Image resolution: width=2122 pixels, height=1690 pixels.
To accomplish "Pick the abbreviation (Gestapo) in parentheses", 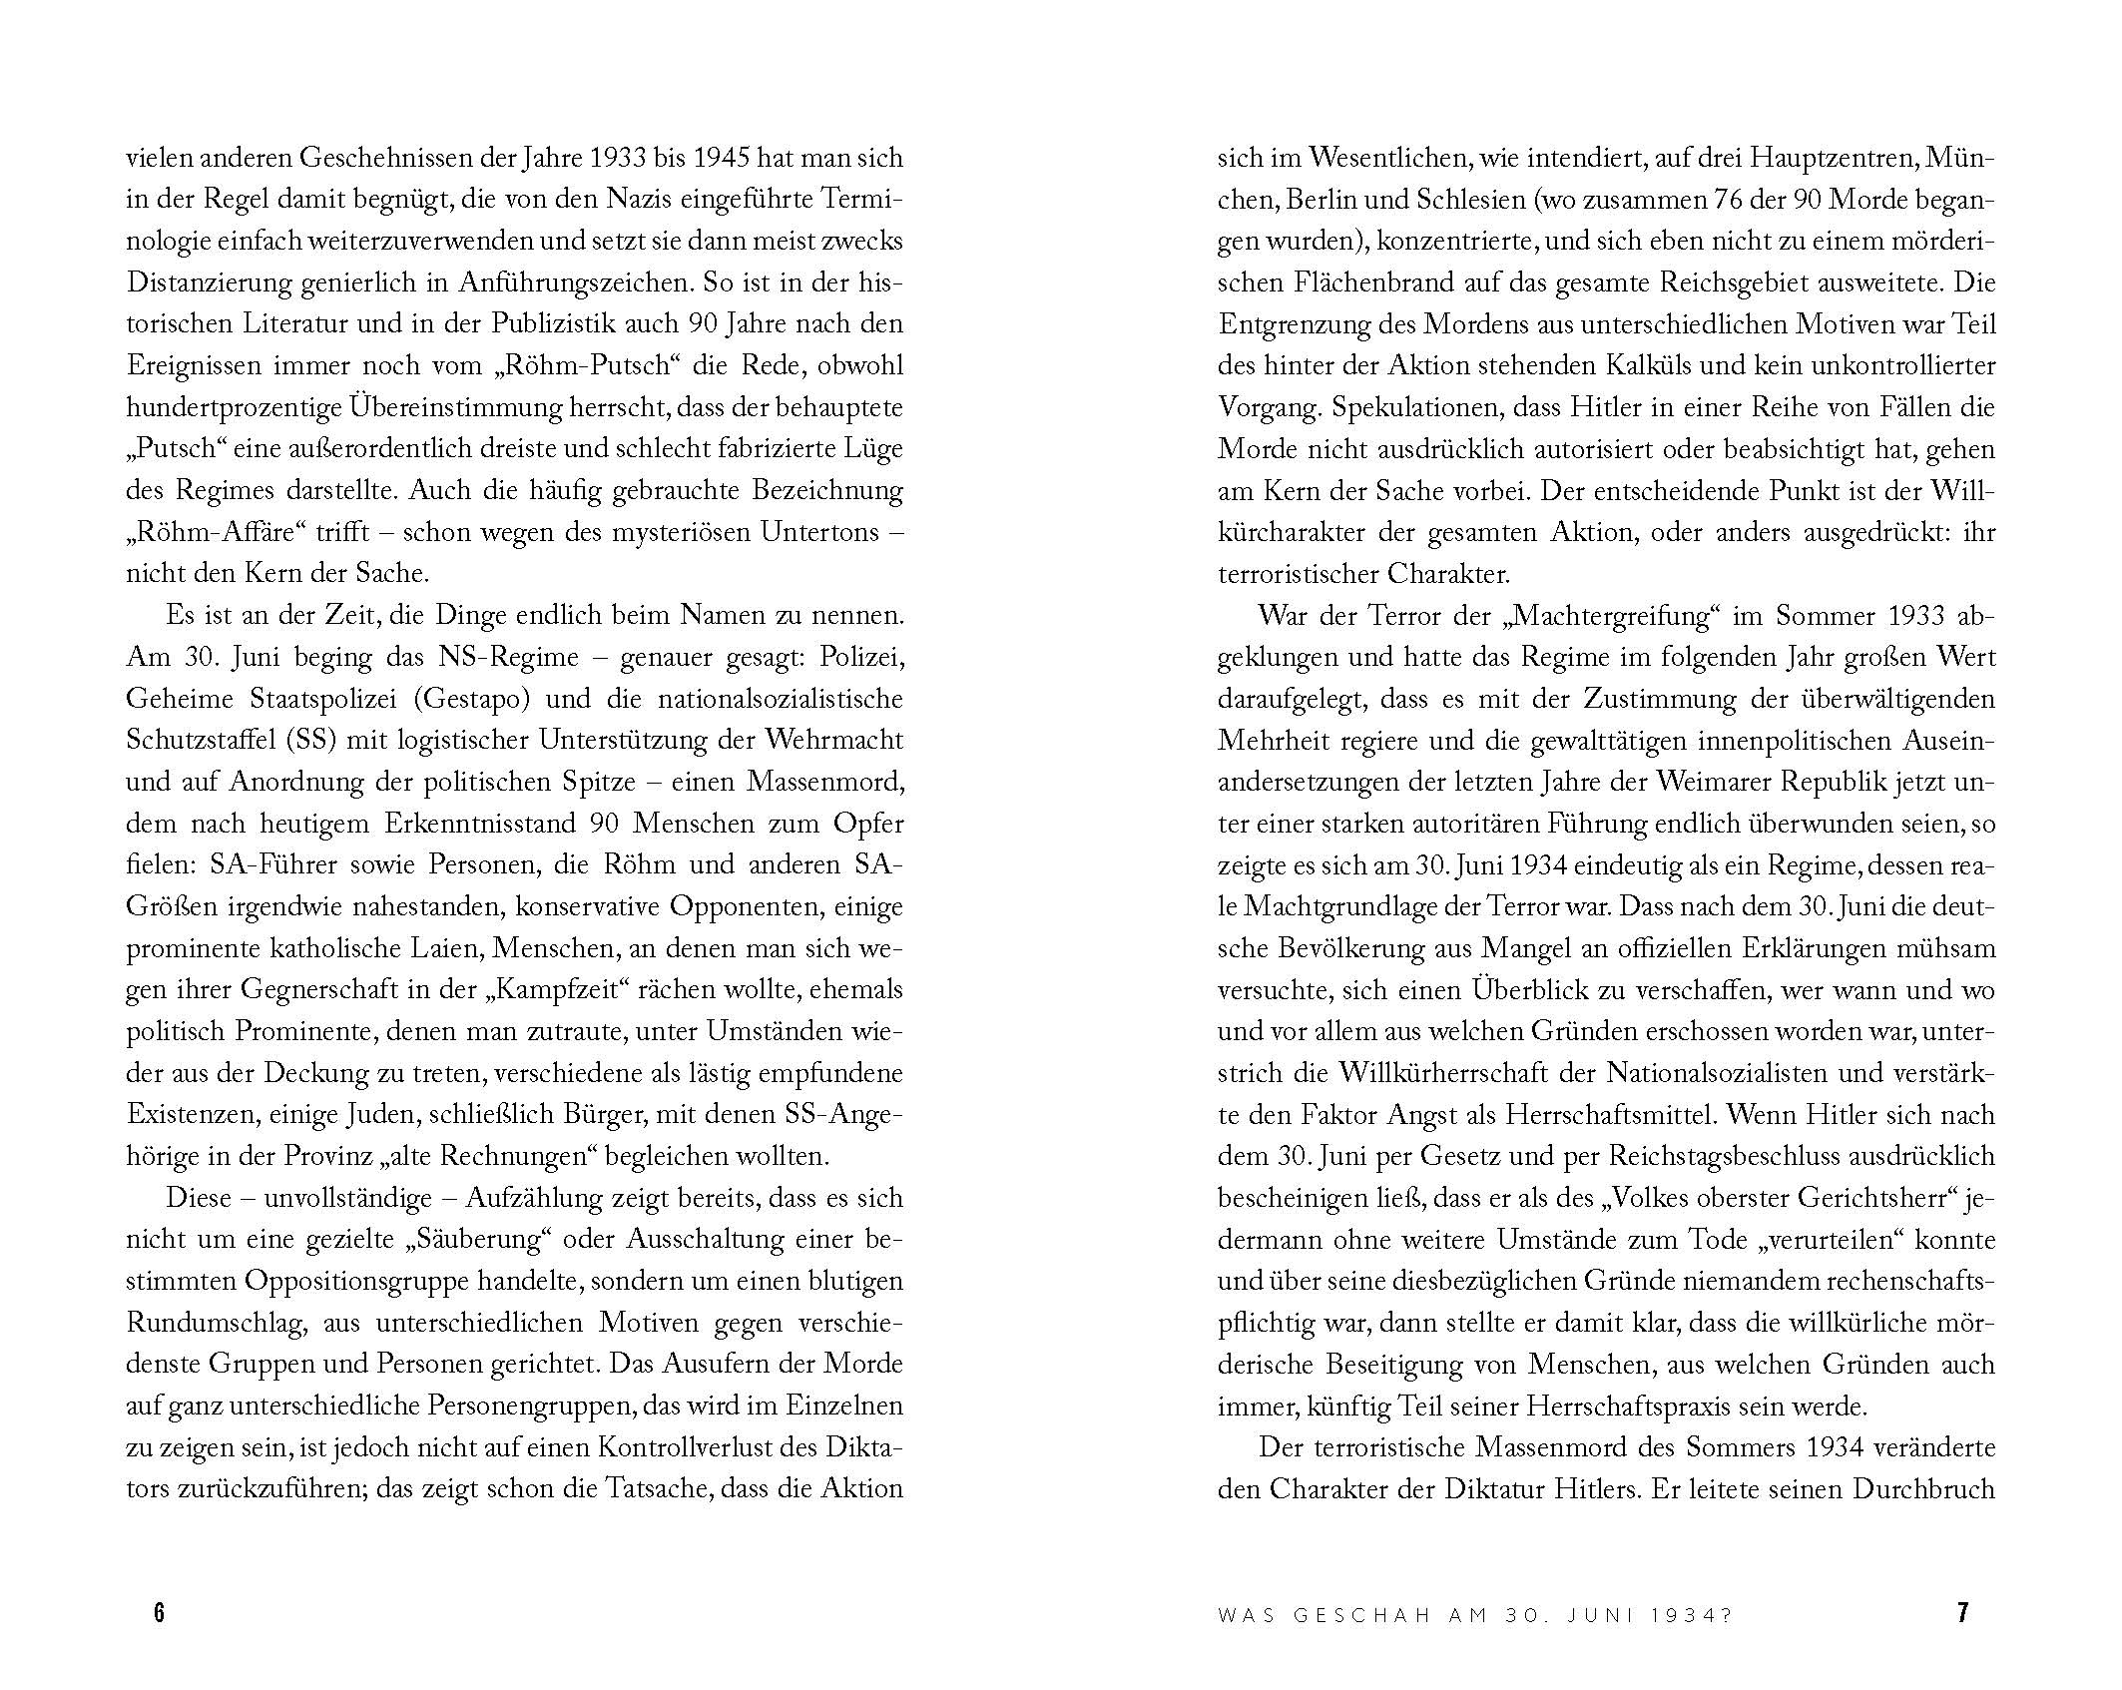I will [x=468, y=699].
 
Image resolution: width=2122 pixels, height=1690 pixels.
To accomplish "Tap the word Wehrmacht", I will [x=833, y=741].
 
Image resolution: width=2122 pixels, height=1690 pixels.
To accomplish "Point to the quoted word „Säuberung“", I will [x=479, y=1240].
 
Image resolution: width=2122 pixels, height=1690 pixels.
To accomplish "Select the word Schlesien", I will [x=1471, y=200].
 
